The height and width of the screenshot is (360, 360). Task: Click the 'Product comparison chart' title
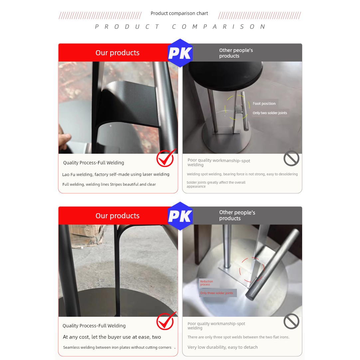point(179,13)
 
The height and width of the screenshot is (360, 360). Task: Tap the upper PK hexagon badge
point(180,53)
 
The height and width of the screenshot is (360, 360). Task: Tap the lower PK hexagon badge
point(180,216)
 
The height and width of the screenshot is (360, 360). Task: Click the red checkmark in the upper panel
point(166,158)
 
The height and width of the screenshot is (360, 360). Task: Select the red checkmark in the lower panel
point(166,321)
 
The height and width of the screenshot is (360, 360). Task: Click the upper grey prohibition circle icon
point(291,158)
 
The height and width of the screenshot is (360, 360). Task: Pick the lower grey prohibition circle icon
point(291,321)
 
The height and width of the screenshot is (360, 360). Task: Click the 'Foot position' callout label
point(264,103)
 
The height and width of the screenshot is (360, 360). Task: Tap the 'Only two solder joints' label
point(270,113)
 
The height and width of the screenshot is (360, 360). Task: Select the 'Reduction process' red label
point(206,283)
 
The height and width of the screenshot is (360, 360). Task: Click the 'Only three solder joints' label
point(217,293)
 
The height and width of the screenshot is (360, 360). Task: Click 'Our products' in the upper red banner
point(117,53)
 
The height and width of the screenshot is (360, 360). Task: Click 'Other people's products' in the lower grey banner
point(237,215)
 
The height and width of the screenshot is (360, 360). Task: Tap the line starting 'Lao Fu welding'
point(116,174)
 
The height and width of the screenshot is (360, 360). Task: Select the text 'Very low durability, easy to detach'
point(223,347)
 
